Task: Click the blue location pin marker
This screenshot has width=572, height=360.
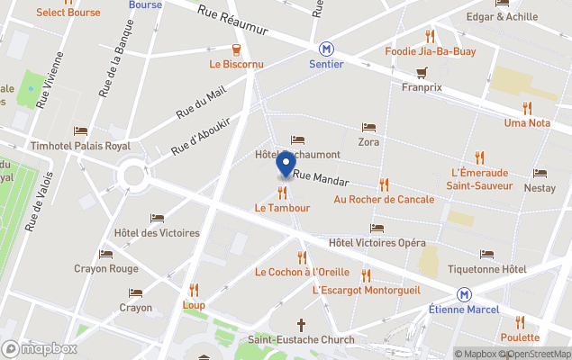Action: click(286, 164)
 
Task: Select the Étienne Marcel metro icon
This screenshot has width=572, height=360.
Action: click(464, 295)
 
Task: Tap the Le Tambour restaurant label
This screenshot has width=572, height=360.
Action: click(282, 208)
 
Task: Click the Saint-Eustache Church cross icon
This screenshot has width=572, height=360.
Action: click(301, 324)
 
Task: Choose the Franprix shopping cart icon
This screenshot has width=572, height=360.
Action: click(421, 72)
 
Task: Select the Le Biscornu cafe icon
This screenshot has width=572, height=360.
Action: click(235, 49)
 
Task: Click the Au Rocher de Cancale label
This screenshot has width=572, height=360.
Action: click(384, 199)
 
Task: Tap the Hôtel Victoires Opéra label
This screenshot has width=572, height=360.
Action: click(377, 243)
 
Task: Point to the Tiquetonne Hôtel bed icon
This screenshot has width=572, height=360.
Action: click(486, 255)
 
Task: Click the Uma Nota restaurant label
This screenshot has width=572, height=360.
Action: click(528, 122)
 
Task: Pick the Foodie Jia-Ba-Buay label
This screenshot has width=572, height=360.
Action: click(430, 51)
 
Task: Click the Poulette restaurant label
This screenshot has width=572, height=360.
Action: click(520, 337)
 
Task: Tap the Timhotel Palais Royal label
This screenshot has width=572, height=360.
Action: click(80, 146)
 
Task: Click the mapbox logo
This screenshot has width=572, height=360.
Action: click(40, 348)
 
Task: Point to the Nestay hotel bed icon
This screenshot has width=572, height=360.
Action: click(540, 174)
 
